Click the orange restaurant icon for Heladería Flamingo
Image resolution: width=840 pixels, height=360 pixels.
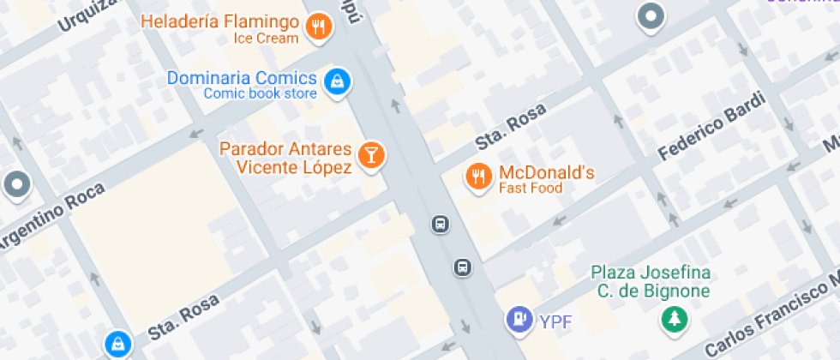pyautogui.click(x=319, y=27)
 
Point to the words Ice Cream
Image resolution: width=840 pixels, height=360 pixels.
pyautogui.click(x=265, y=38)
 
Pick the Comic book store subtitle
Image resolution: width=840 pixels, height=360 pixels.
pyautogui.click(x=260, y=94)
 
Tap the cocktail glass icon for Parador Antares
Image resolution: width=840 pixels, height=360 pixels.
pyautogui.click(x=371, y=155)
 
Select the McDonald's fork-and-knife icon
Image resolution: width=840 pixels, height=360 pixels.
pyautogui.click(x=477, y=177)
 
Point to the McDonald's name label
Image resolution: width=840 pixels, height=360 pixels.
pyautogui.click(x=546, y=172)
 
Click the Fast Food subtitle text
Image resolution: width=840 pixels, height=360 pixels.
pyautogui.click(x=531, y=189)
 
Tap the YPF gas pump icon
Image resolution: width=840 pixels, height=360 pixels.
pyautogui.click(x=519, y=320)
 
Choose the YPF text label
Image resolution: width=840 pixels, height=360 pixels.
pyautogui.click(x=555, y=322)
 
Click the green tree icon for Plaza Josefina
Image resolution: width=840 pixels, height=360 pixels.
pyautogui.click(x=673, y=319)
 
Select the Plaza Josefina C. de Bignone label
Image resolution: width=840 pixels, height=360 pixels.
pyautogui.click(x=651, y=282)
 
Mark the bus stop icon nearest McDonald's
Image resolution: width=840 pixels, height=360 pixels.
pyautogui.click(x=439, y=225)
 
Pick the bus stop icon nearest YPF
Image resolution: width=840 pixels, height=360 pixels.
pyautogui.click(x=462, y=267)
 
